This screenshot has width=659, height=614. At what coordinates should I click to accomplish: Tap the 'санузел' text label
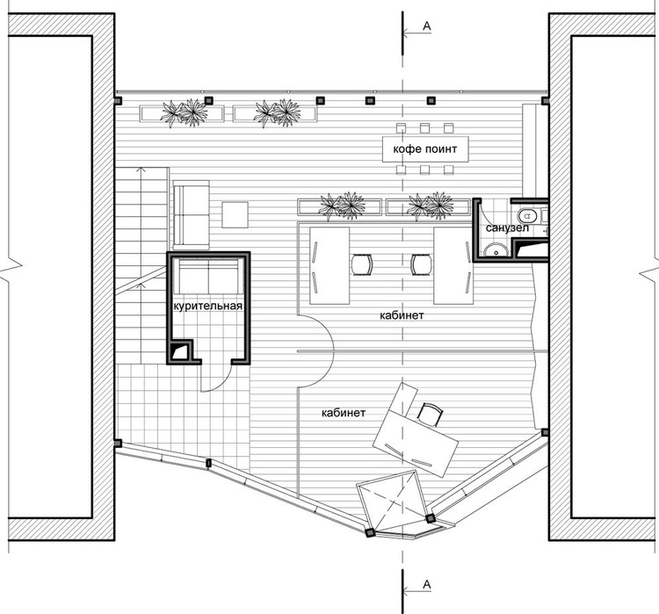tap(504, 228)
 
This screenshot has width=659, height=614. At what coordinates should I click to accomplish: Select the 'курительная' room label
tap(207, 306)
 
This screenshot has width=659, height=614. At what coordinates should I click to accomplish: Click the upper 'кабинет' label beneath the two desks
tap(403, 314)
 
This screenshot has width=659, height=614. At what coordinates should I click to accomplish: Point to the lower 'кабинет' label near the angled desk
tap(344, 411)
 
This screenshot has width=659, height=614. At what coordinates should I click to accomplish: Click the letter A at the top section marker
tap(427, 26)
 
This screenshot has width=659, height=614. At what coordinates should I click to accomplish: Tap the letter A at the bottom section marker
tap(427, 583)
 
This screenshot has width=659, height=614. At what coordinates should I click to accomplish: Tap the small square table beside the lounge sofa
tap(235, 215)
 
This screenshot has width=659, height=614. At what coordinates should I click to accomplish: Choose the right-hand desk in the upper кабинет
tap(453, 262)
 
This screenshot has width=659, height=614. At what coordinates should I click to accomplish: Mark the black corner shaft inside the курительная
tap(182, 351)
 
